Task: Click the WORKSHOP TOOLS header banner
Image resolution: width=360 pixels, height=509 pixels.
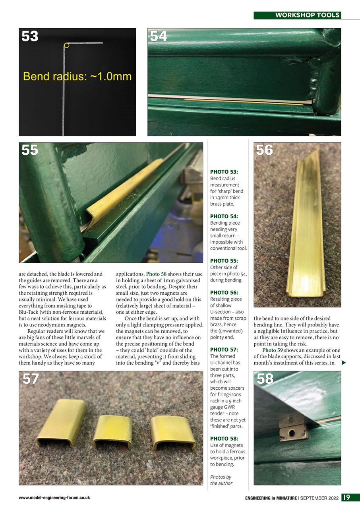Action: (x=297, y=15)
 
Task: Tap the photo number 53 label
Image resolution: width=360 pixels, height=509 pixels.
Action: (x=30, y=37)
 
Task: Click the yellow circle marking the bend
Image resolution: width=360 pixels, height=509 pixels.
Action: (x=66, y=46)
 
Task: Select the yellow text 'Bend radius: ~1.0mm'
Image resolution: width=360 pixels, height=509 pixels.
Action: (x=77, y=76)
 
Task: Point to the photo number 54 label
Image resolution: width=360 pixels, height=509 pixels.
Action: (x=159, y=37)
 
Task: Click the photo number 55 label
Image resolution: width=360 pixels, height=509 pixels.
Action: (x=30, y=150)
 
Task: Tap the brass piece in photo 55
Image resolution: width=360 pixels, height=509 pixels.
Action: (x=123, y=188)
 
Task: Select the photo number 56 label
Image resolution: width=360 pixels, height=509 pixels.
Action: (x=265, y=150)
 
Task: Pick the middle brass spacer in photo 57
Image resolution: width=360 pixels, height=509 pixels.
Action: (x=113, y=431)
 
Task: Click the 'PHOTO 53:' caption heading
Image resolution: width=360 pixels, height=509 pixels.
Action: (x=224, y=172)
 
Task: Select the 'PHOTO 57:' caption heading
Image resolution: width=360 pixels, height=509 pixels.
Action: (x=224, y=350)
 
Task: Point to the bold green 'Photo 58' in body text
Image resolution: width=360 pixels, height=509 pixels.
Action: (x=156, y=274)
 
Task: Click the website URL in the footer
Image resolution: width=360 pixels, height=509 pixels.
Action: (x=54, y=498)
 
